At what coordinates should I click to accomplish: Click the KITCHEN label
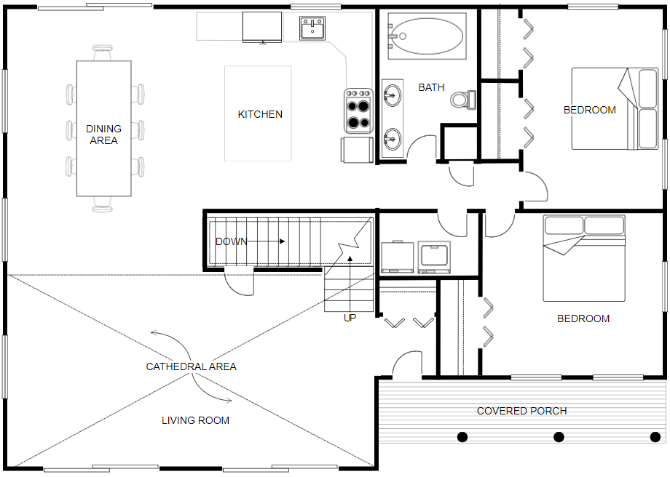260,114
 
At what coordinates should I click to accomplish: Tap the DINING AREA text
103,135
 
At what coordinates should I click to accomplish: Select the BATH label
431,87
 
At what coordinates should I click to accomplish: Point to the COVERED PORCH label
521,411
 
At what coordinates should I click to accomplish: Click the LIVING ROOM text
195,420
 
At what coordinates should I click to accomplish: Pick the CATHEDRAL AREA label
191,366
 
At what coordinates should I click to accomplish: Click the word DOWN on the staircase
231,241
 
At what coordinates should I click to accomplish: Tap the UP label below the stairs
350,318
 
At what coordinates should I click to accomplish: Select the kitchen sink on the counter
312,29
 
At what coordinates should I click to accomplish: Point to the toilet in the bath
461,99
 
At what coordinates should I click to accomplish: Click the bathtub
426,36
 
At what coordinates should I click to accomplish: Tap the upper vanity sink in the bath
392,95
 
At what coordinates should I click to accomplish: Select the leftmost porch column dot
462,437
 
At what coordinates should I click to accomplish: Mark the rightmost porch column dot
655,437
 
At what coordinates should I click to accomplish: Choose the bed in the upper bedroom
615,109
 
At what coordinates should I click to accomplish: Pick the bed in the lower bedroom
584,258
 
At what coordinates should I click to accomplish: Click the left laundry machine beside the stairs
398,257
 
